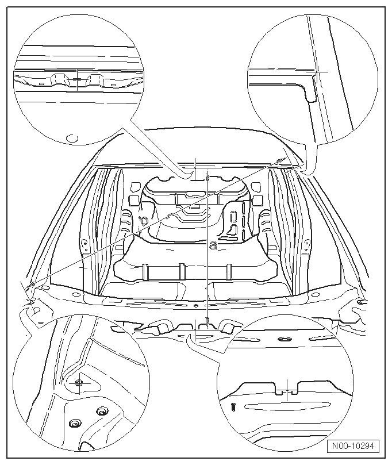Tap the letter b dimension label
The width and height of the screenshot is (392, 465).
144,220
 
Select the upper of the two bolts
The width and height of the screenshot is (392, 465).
102,410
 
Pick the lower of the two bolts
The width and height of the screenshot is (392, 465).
75,424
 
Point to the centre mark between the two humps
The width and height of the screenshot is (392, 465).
77,79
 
